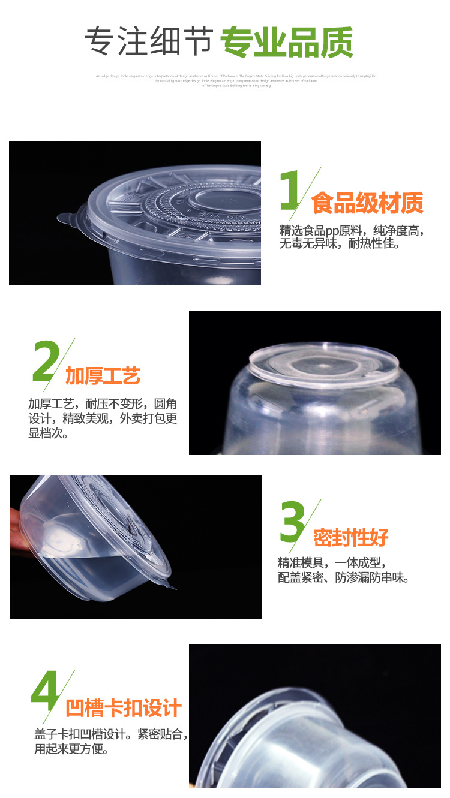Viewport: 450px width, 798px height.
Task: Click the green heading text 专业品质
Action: coord(287,42)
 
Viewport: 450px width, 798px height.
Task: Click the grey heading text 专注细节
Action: coord(148,42)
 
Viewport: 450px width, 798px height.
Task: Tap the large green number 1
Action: coord(291,192)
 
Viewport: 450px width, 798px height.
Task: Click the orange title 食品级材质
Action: coord(367,204)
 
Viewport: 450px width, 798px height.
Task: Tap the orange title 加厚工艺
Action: coord(103,376)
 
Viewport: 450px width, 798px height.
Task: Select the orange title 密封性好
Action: coord(351,538)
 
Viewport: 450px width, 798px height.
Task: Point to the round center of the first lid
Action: coord(228,198)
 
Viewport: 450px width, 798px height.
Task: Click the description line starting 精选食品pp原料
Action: coord(352,231)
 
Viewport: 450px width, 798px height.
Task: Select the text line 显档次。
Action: coord(48,433)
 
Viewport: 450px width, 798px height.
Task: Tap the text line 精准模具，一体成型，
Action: coord(331,563)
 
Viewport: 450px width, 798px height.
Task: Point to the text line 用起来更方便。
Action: coord(71,749)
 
